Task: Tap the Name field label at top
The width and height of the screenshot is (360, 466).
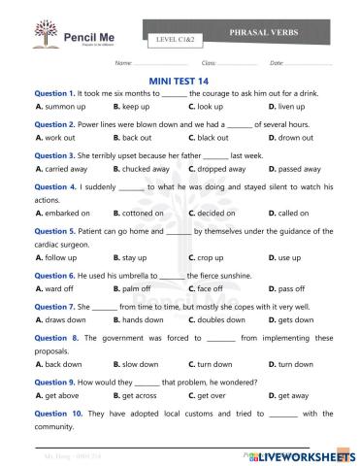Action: (123, 63)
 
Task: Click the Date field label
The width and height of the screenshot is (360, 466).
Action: (277, 63)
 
